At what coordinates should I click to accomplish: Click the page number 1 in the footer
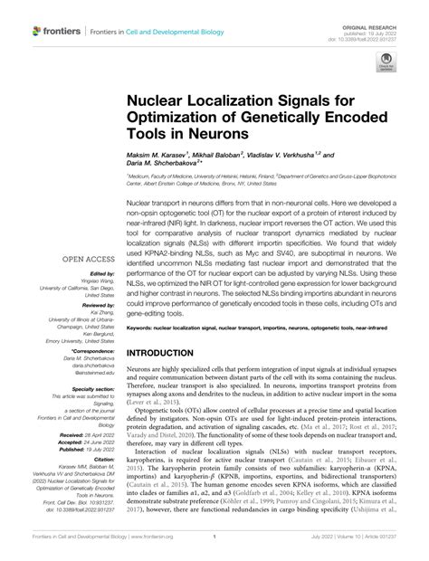tap(215, 549)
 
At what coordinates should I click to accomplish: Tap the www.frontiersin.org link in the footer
tap(162, 549)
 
